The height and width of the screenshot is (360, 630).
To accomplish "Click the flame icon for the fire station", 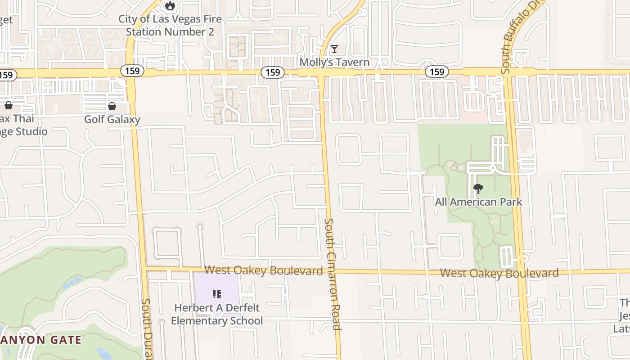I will coord(170,5).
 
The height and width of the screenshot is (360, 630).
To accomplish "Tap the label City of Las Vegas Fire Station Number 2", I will coord(170,26).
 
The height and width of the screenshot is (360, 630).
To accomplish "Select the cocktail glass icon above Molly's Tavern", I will coord(334,49).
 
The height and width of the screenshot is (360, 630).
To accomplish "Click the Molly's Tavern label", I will coord(334,62).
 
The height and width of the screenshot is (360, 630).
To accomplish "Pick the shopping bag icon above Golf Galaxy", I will coord(112,106).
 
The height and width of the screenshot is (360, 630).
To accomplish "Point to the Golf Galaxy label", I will coord(112,119).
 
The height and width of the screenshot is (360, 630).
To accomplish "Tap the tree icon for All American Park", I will coord(478,189).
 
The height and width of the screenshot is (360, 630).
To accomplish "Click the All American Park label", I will coord(478,202).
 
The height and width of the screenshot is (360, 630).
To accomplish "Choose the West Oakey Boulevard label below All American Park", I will coord(499,273).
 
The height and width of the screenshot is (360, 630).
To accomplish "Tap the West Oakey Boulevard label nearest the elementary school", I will coord(264,270).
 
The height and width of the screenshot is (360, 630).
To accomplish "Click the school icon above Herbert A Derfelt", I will coord(216,294).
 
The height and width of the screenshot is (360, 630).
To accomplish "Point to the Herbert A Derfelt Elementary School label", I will coord(217,314).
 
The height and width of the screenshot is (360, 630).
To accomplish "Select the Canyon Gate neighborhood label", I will coord(40,340).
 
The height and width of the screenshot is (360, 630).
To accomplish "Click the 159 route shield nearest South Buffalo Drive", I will coord(436,72).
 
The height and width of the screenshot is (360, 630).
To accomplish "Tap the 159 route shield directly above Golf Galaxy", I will coord(132,71).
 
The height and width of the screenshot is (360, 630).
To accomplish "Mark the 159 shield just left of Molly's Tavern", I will coord(272,72).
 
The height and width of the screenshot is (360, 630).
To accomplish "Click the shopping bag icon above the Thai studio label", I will coord(8,106).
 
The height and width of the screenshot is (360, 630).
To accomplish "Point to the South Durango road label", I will coord(147,328).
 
